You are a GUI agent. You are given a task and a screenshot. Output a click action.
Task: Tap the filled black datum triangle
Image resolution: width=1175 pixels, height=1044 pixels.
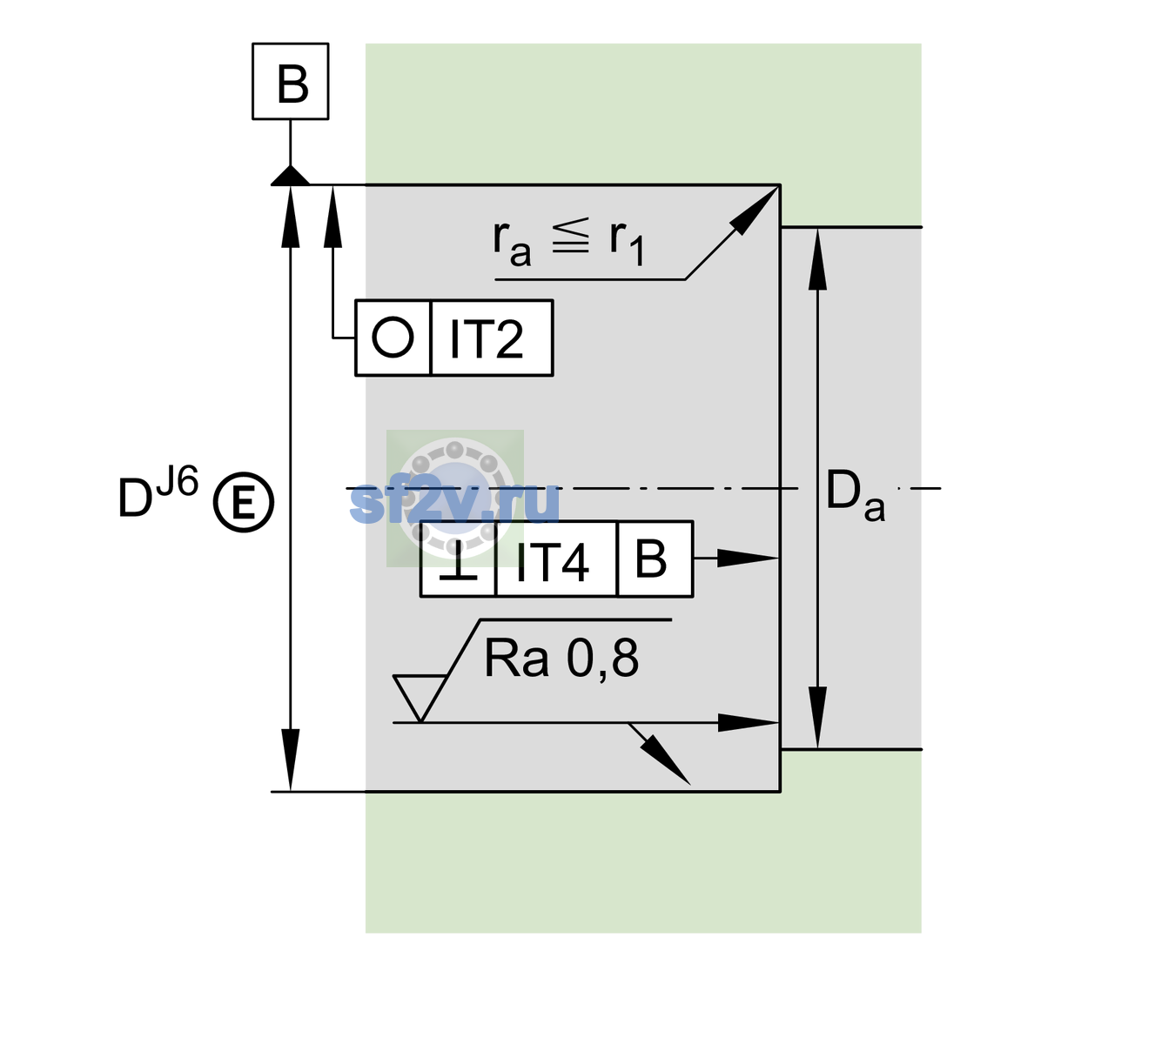pos(290,177)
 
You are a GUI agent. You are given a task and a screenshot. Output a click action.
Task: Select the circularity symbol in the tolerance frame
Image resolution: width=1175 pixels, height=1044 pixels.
pos(393,338)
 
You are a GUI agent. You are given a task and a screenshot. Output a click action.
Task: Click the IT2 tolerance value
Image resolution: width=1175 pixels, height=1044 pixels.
pos(486,338)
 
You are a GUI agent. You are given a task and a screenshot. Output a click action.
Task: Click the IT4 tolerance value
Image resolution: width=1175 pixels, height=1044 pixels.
pos(552,562)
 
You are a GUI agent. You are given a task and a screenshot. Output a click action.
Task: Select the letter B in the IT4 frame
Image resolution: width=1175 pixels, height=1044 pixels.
pos(651,559)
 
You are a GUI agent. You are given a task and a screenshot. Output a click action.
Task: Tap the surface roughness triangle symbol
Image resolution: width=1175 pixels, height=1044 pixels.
pos(420,698)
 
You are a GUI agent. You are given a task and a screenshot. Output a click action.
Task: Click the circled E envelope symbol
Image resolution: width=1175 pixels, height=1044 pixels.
pos(244,502)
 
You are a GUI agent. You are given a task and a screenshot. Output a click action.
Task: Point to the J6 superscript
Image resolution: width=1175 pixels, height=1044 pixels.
pos(178,481)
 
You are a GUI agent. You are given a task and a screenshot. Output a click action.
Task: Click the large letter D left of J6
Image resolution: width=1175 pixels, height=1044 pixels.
pos(135,498)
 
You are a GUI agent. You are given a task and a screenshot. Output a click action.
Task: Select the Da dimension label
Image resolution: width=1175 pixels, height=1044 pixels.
pos(855,495)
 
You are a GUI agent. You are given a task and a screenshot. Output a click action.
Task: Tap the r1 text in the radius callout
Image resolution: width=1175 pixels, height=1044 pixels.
pos(627,243)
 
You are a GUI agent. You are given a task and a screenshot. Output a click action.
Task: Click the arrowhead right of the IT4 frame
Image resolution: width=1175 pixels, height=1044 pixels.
pos(748,558)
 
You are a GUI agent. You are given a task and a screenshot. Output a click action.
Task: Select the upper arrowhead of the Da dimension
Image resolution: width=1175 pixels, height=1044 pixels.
pos(817,259)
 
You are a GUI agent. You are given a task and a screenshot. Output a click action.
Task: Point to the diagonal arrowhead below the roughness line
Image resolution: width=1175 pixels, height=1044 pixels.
pos(668,760)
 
